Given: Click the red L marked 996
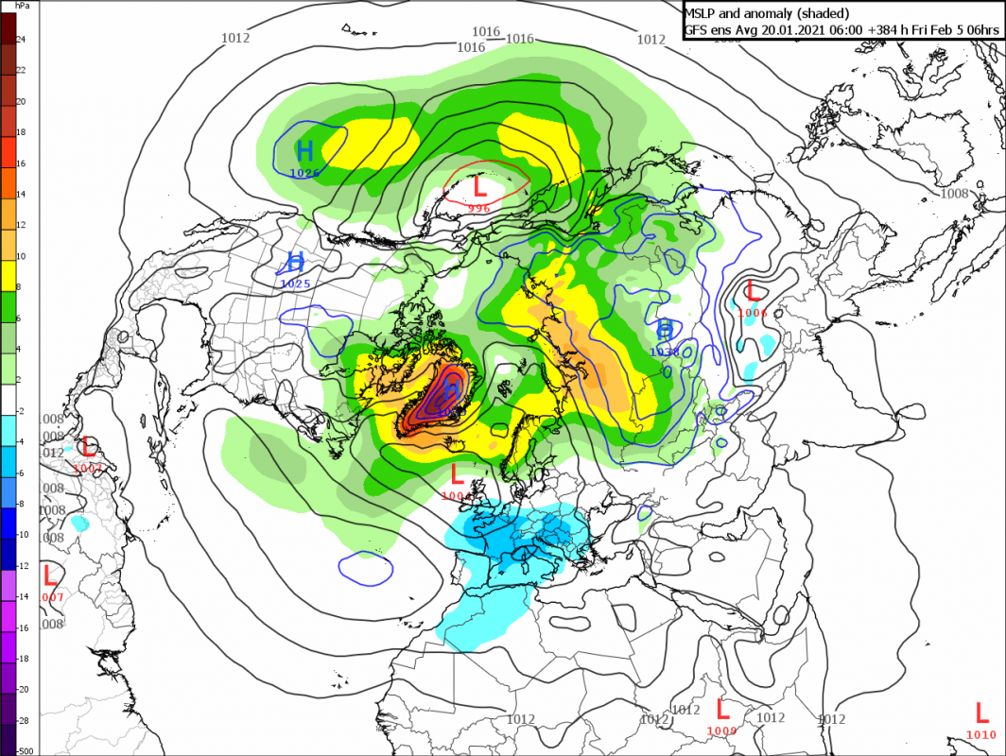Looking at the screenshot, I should click(479, 186).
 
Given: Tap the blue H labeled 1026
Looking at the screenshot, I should click(304, 150).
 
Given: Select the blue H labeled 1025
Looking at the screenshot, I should click(295, 262).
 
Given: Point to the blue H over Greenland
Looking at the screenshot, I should click(452, 388).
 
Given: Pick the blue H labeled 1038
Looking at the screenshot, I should click(665, 330).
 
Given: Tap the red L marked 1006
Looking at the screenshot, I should click(754, 291).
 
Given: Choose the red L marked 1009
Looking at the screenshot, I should click(722, 709).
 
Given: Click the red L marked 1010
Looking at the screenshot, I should click(980, 713).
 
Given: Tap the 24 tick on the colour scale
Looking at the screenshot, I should click(21, 39).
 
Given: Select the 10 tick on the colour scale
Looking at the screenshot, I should click(21, 256).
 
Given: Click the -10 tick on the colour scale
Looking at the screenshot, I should click(24, 534).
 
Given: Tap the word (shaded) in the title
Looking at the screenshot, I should click(821, 13).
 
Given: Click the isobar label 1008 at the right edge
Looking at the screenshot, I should click(954, 193).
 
